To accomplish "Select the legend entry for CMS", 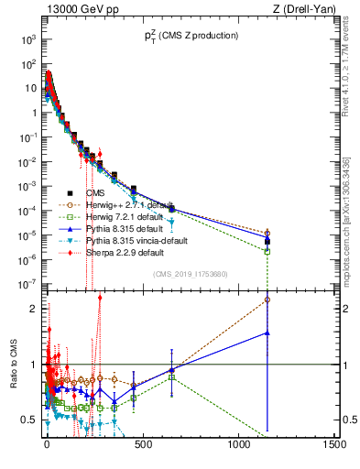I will [x=98, y=193].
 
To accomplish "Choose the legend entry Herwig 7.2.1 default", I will [x=124, y=216].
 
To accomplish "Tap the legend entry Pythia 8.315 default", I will [x=122, y=228].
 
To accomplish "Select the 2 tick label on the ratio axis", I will [x=33, y=308].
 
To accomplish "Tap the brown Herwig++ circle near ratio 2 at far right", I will [x=267, y=299].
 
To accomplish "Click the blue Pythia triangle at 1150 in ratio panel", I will [x=267, y=333].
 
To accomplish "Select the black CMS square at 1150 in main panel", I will [x=267, y=242].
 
